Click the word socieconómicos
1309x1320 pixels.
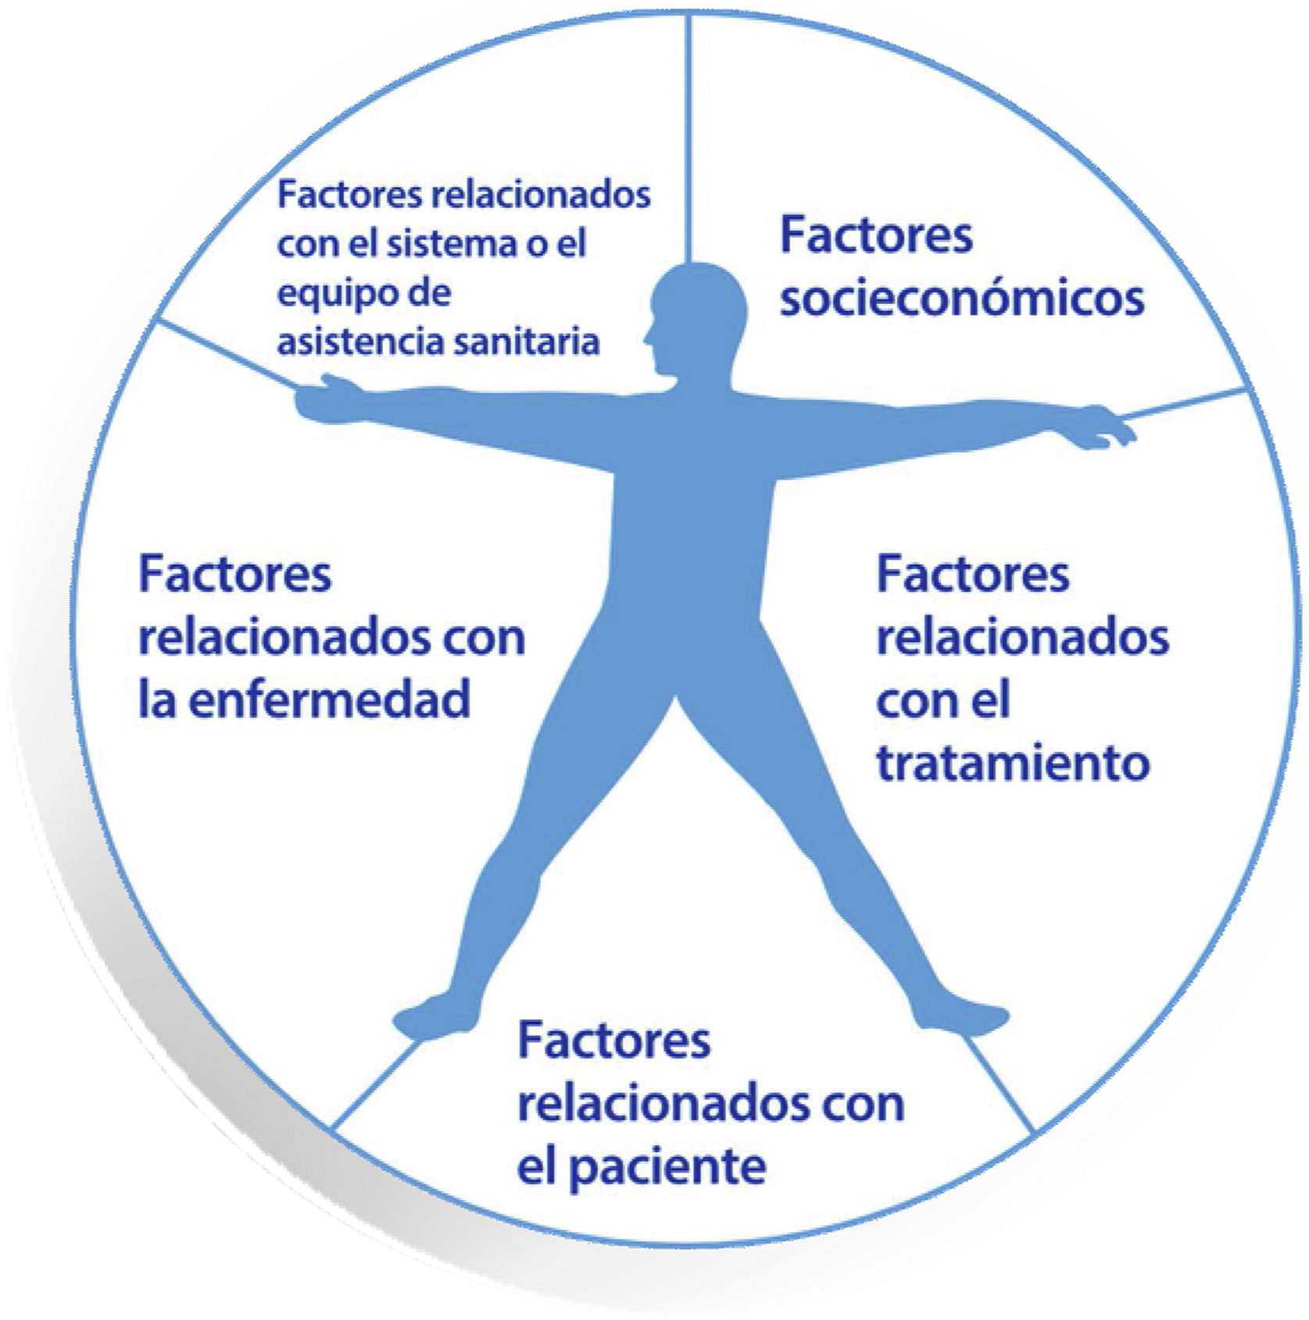[x=962, y=299]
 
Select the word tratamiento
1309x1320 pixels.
[x=1013, y=761]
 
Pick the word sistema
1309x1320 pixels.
[x=445, y=244]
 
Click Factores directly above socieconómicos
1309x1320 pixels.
[x=876, y=235]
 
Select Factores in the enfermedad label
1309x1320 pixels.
[x=235, y=574]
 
